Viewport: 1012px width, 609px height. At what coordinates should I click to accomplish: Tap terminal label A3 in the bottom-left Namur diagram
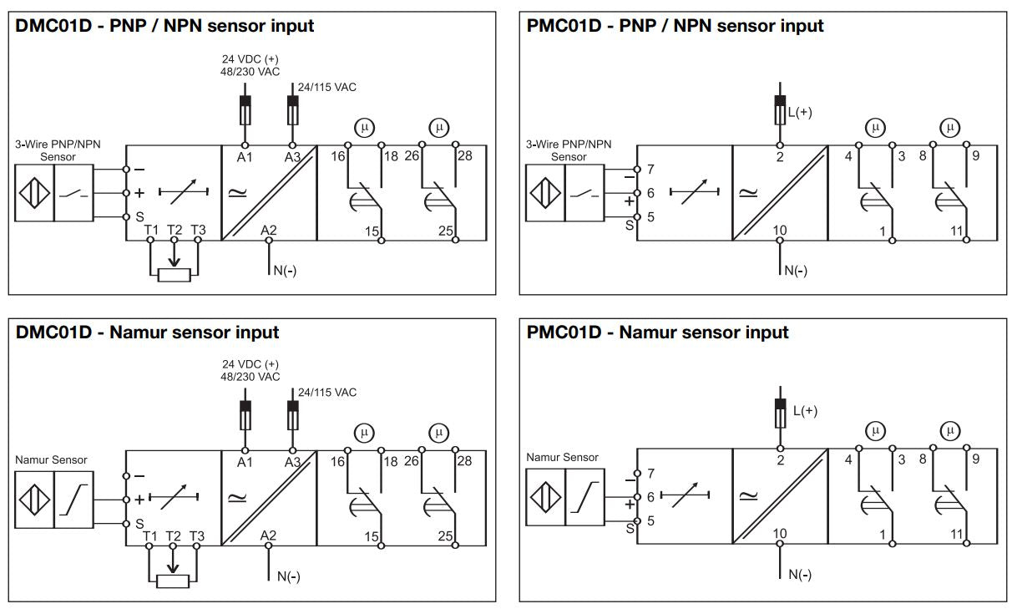292,461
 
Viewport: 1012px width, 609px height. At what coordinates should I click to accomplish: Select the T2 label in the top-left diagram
174,230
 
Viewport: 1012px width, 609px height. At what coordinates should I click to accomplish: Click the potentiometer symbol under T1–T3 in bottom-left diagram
174,580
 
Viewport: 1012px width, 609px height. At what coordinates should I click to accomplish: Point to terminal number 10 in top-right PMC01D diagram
779,230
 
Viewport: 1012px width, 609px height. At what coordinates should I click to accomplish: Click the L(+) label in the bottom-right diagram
805,410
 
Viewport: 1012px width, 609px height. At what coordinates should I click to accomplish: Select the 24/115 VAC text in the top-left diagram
327,87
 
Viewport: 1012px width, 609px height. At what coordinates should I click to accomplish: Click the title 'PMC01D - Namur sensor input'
658,332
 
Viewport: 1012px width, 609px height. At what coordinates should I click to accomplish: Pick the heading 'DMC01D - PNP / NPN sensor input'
165,25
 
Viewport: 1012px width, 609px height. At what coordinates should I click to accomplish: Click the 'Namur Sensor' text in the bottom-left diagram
51,459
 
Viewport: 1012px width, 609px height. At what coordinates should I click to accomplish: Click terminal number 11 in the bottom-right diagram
956,534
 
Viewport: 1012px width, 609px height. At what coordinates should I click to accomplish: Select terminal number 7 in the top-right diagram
650,169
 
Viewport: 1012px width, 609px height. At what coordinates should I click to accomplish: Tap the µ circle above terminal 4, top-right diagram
874,128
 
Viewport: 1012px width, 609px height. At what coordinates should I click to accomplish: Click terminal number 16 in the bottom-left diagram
338,461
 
